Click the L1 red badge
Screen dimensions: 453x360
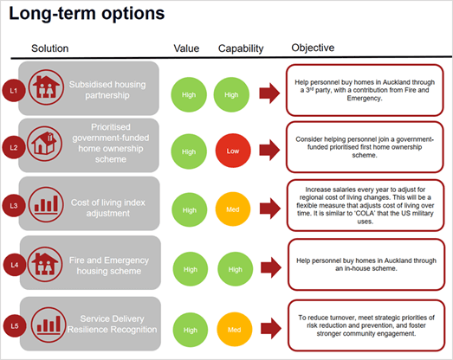pos(14,90)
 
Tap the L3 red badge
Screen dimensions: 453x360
pos(14,206)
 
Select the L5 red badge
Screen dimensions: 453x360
pos(15,326)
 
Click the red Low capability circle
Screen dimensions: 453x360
pos(233,151)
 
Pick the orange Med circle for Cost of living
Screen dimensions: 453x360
pos(233,209)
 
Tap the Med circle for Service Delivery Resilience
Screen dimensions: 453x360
pos(235,330)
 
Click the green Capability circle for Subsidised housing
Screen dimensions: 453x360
pos(231,94)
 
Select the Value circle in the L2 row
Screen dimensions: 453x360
pos(189,151)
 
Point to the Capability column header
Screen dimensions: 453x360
pos(241,48)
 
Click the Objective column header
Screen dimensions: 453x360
pos(313,48)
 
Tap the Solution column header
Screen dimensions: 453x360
pos(50,48)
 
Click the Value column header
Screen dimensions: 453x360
pos(186,48)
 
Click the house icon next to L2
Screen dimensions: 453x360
pos(44,144)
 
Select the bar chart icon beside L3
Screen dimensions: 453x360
pos(46,204)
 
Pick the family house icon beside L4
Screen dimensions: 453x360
pos(45,264)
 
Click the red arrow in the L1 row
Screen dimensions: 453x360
pos(269,93)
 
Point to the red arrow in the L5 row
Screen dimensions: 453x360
pos(271,329)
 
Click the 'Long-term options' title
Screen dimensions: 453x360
pos(87,14)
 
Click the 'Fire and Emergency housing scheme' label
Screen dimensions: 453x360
pos(109,266)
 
